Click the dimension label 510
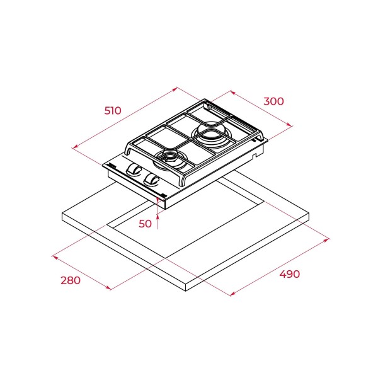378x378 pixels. (113, 110)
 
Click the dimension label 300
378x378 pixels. (273, 101)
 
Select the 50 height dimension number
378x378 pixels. (145, 224)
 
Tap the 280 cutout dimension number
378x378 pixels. (71, 280)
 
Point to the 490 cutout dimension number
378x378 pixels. (290, 274)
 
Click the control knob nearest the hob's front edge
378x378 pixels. (151, 180)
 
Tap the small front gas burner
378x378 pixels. (169, 159)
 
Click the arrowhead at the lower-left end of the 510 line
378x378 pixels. (74, 147)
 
